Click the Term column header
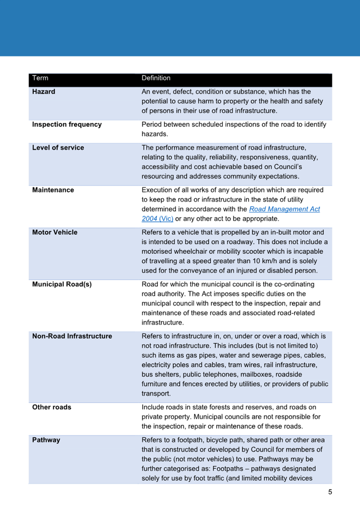40,78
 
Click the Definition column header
156,78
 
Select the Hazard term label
44,92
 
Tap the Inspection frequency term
67,124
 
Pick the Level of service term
58,148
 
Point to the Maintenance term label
53,190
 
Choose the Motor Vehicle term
55,232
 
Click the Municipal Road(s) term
62,284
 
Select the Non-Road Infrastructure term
72,336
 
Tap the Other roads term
52,407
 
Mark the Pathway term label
46,440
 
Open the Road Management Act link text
284,209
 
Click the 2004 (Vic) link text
157,219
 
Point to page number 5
330,492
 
